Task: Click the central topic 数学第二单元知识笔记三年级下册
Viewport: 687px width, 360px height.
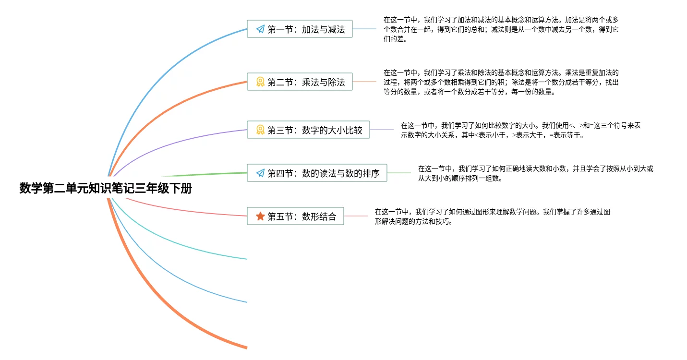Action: pos(106,188)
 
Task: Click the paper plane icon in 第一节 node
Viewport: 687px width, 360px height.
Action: pos(260,29)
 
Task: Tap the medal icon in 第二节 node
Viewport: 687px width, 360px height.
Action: pos(260,82)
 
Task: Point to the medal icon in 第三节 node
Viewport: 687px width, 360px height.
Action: pos(260,130)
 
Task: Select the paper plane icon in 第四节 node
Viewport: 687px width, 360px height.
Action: pos(260,173)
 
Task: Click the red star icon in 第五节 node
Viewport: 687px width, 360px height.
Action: pos(260,216)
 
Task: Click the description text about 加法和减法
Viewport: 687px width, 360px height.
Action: pos(501,30)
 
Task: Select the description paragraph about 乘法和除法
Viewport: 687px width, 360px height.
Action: pos(501,83)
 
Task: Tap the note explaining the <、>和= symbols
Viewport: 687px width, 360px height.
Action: pos(520,130)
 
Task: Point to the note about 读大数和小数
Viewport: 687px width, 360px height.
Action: pos(535,173)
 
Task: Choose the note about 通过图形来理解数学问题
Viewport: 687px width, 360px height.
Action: pos(492,216)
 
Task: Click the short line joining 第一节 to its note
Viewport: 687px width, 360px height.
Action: pos(364,29)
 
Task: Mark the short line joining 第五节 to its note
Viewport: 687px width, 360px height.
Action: pos(356,216)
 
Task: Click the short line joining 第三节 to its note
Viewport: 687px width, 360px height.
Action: pos(382,130)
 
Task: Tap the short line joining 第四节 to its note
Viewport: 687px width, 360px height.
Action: pos(399,173)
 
